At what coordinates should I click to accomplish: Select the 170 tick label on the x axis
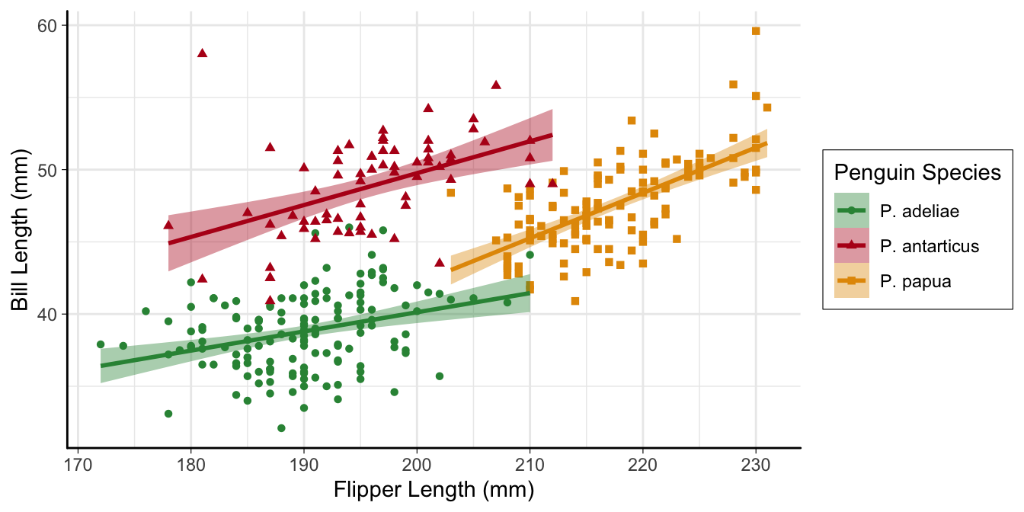click(x=78, y=464)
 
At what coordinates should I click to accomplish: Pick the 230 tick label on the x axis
click(x=756, y=464)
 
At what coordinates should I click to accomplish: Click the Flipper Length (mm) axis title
click(x=434, y=491)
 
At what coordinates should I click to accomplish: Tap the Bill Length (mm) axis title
click(x=21, y=229)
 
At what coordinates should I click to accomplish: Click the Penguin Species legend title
click(x=917, y=172)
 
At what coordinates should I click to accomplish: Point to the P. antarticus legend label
click(x=929, y=246)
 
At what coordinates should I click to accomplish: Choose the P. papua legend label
click(x=915, y=281)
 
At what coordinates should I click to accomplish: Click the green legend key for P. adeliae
click(x=853, y=211)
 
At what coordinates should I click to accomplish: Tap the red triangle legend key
click(x=853, y=246)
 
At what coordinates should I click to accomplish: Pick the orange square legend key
click(x=853, y=281)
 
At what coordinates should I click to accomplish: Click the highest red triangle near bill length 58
click(x=202, y=53)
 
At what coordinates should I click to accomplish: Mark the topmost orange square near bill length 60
click(x=756, y=31)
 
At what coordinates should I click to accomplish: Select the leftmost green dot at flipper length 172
click(x=101, y=344)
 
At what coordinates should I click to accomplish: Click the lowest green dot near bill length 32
click(x=281, y=428)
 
